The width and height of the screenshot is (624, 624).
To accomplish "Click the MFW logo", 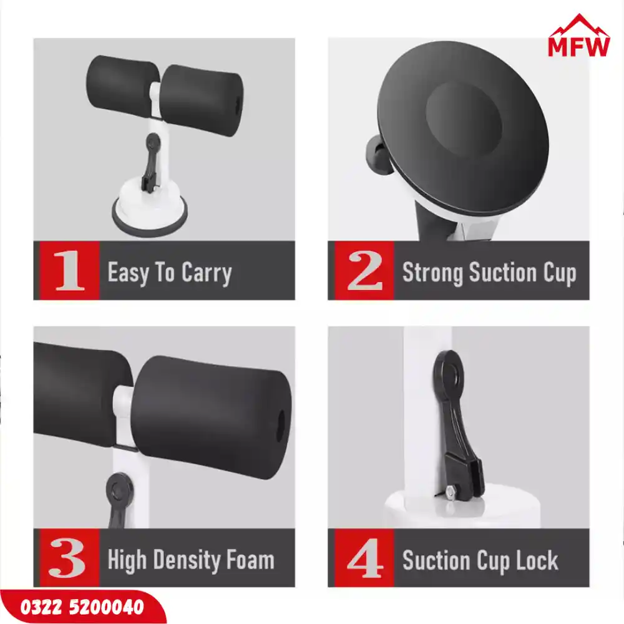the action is click(x=578, y=36).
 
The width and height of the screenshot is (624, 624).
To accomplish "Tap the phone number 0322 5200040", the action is click(x=82, y=607).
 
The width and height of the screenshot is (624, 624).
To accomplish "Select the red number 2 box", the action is click(x=364, y=270).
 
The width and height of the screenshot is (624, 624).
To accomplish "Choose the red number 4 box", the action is click(x=364, y=557).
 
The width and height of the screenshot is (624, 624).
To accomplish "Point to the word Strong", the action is click(x=432, y=274).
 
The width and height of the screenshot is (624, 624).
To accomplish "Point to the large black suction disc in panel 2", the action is click(x=463, y=128).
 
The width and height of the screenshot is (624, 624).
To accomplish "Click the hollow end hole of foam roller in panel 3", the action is click(x=281, y=426).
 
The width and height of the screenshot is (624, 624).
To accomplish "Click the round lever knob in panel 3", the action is click(x=118, y=489).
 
